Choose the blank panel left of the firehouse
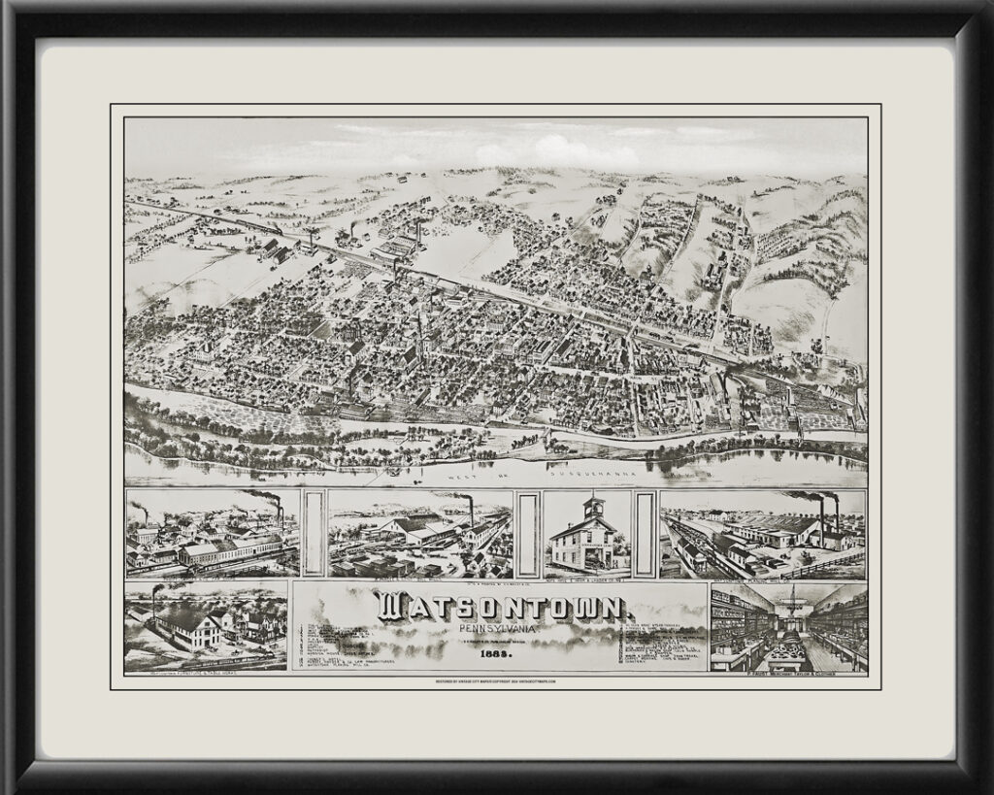[528, 533]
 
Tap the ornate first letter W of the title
[392, 609]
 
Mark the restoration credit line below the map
[497, 683]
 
